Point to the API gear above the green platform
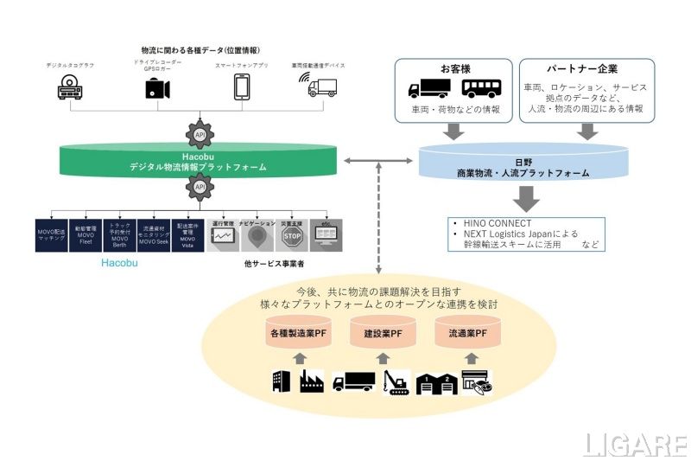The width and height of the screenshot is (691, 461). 200,134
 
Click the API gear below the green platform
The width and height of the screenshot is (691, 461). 200,188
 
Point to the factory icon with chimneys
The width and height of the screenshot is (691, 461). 312,381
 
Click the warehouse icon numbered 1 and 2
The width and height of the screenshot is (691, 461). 437,382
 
